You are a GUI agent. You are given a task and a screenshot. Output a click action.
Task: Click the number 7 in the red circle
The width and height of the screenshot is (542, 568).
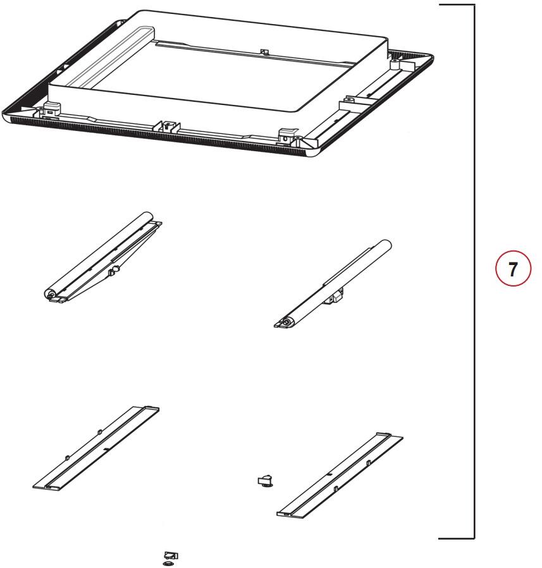[x=512, y=269]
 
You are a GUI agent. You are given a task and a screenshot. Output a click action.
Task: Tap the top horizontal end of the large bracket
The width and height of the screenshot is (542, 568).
[x=457, y=5]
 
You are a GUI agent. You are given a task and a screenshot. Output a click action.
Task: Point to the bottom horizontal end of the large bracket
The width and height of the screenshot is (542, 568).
[x=457, y=538]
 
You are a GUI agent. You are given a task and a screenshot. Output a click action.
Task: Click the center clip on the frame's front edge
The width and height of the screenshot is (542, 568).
[x=166, y=127]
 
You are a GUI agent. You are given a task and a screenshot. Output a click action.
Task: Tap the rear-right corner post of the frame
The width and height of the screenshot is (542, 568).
[x=395, y=65]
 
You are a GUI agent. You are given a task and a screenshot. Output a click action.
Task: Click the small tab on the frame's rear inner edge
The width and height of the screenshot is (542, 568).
[x=264, y=52]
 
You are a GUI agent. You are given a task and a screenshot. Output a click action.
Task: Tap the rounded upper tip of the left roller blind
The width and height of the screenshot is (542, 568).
[x=147, y=216]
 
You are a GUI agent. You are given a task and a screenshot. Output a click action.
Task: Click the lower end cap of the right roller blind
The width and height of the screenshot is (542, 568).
[x=286, y=322]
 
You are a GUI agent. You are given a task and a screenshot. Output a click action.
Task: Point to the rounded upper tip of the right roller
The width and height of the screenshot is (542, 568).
[x=386, y=244]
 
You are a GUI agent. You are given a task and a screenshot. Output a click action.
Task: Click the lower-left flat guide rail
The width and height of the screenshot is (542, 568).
[x=96, y=448]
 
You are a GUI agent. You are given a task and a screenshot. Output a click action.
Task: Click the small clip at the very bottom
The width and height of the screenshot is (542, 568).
[x=170, y=559]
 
